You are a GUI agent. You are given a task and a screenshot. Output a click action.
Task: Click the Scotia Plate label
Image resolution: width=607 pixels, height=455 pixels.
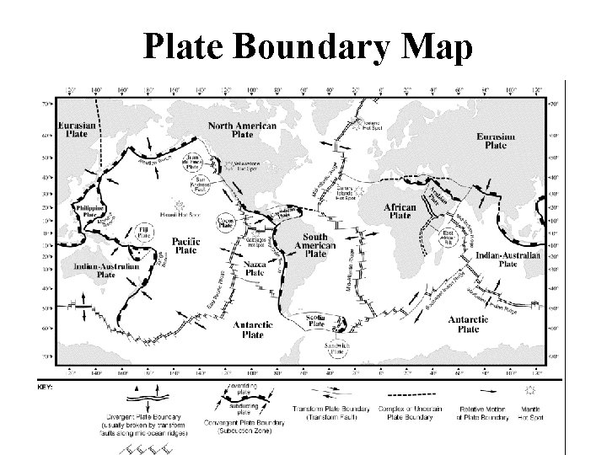(x=317, y=321)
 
